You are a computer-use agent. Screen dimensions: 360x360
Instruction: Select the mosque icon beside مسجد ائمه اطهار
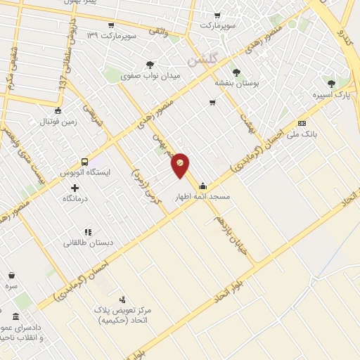[203, 186]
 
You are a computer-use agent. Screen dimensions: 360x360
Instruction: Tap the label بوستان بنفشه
[236, 82]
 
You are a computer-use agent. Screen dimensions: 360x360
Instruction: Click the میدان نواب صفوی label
[150, 75]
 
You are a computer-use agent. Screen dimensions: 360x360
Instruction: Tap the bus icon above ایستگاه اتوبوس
[84, 161]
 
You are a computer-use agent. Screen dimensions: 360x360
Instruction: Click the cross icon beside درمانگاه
[75, 188]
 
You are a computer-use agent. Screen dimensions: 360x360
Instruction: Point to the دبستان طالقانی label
[89, 243]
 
